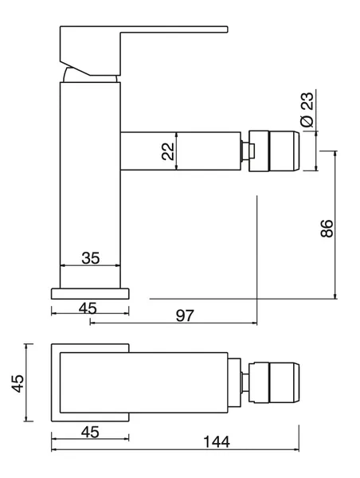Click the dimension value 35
[x=91, y=258]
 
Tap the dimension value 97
[x=185, y=315]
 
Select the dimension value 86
[x=327, y=228]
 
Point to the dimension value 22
[x=168, y=151]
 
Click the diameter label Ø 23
[x=307, y=109]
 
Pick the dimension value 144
[x=217, y=441]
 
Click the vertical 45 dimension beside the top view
[x=18, y=383]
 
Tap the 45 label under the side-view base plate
[x=88, y=308]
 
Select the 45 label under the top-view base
[x=90, y=432]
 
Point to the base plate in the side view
[x=90, y=293]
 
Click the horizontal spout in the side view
[x=181, y=151]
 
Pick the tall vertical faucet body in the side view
[x=90, y=185]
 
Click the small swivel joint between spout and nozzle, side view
[x=245, y=151]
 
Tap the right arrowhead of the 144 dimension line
[x=296, y=449]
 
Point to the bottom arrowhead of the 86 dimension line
[x=335, y=296]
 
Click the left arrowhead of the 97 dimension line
[x=92, y=323]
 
